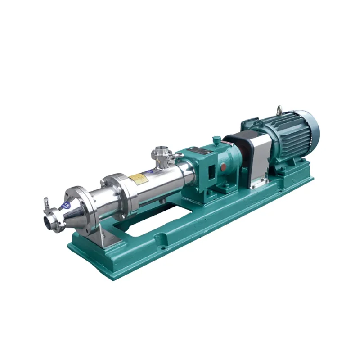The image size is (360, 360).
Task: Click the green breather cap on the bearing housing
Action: (217, 140)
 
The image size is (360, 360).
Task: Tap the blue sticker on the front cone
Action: (66, 205)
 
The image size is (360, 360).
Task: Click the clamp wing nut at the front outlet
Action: (46, 201)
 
